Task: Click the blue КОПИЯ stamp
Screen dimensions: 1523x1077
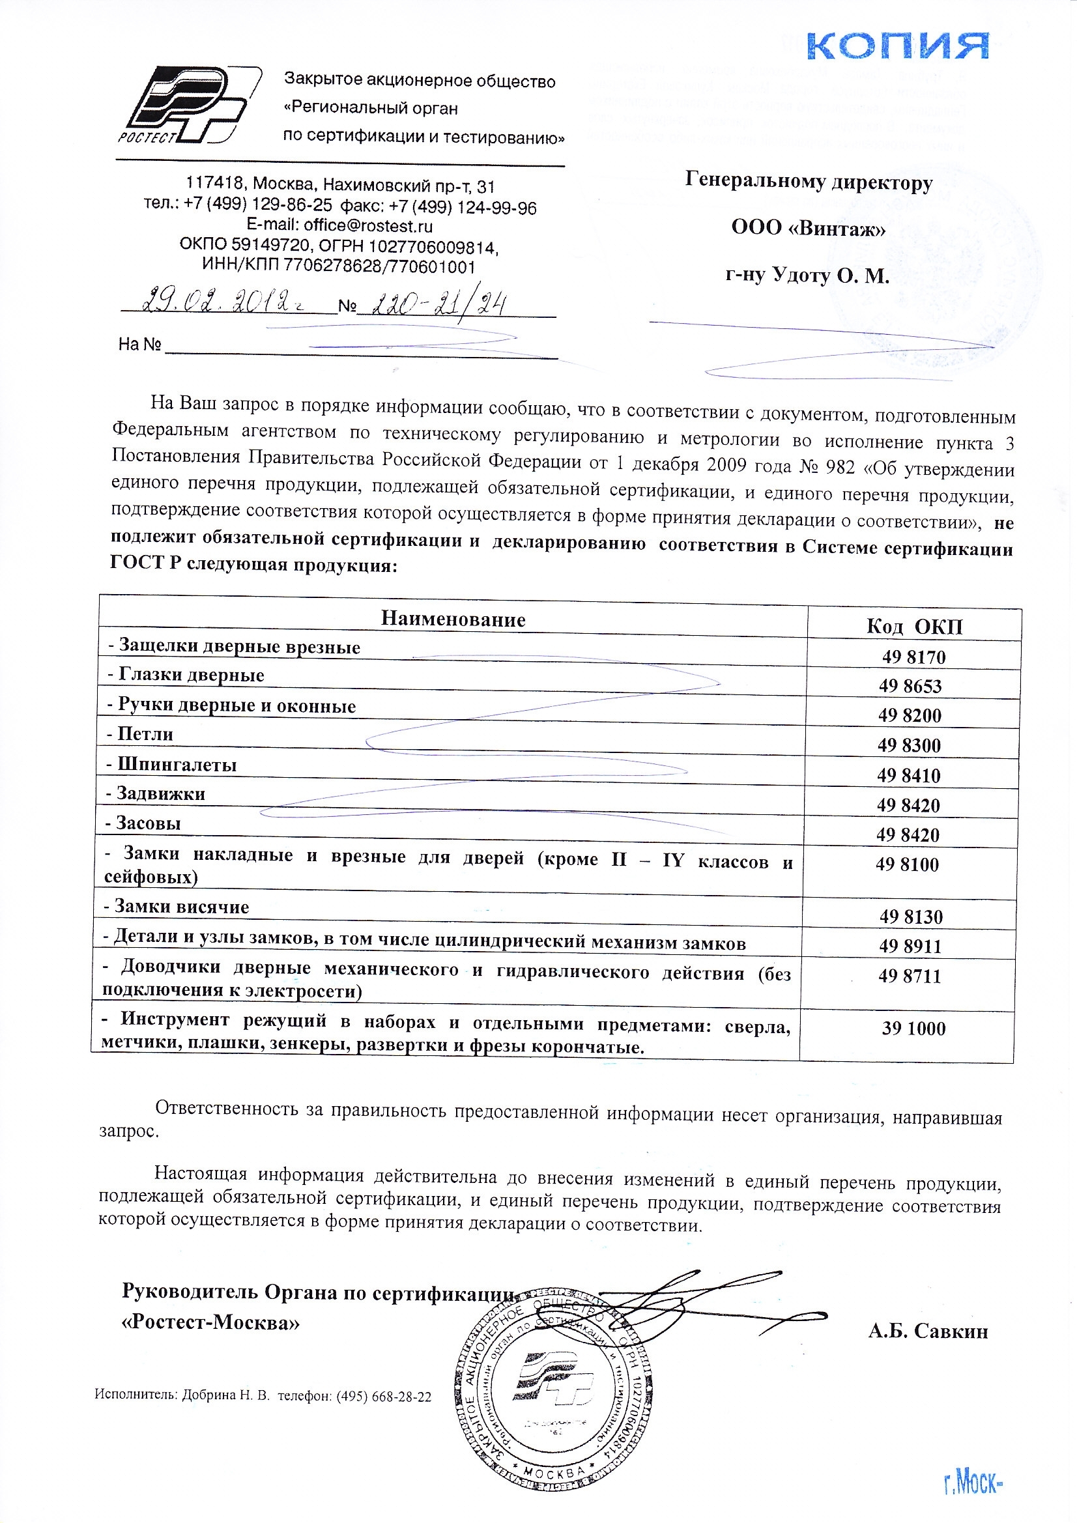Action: [897, 46]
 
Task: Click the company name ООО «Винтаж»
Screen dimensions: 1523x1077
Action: [809, 228]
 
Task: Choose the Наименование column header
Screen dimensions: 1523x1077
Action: [453, 619]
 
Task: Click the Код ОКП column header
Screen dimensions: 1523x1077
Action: [913, 626]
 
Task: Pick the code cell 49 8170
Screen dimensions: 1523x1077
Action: [913, 657]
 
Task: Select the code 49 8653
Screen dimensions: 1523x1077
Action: [910, 686]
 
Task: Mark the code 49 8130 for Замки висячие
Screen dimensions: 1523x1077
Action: [910, 917]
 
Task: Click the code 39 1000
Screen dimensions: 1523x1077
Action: [913, 1028]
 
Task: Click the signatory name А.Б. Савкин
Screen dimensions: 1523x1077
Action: [928, 1331]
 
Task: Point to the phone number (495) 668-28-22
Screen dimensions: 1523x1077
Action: [384, 1397]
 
